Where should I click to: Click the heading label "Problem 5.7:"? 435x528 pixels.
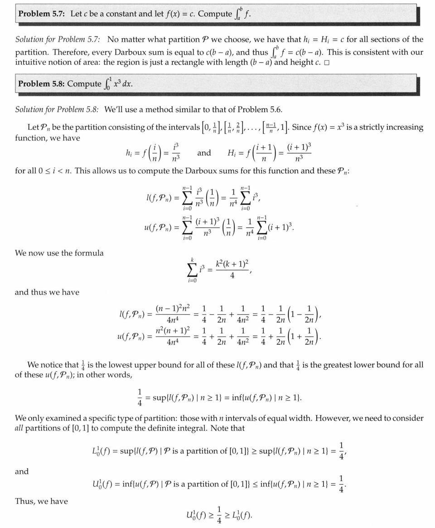pos(43,14)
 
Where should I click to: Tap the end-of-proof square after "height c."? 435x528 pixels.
pos(327,63)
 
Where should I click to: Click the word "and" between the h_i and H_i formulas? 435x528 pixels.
pos(204,153)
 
